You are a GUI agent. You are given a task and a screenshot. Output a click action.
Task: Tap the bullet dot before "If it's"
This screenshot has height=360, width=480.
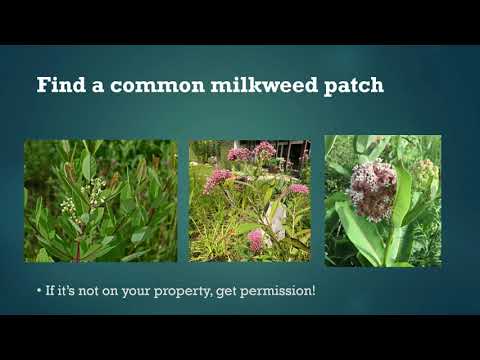pyautogui.click(x=38, y=291)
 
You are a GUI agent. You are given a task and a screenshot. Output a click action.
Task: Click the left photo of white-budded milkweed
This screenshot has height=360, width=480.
pyautogui.click(x=101, y=201)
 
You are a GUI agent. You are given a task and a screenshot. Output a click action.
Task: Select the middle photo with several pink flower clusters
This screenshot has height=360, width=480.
pyautogui.click(x=250, y=201)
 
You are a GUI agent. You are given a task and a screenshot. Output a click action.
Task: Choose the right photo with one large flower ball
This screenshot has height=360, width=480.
pyautogui.click(x=383, y=201)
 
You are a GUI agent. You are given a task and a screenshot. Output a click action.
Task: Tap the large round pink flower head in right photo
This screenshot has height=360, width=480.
pyautogui.click(x=374, y=189)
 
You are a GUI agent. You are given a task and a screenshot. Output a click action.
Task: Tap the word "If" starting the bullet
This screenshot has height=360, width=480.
pyautogui.click(x=50, y=291)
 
